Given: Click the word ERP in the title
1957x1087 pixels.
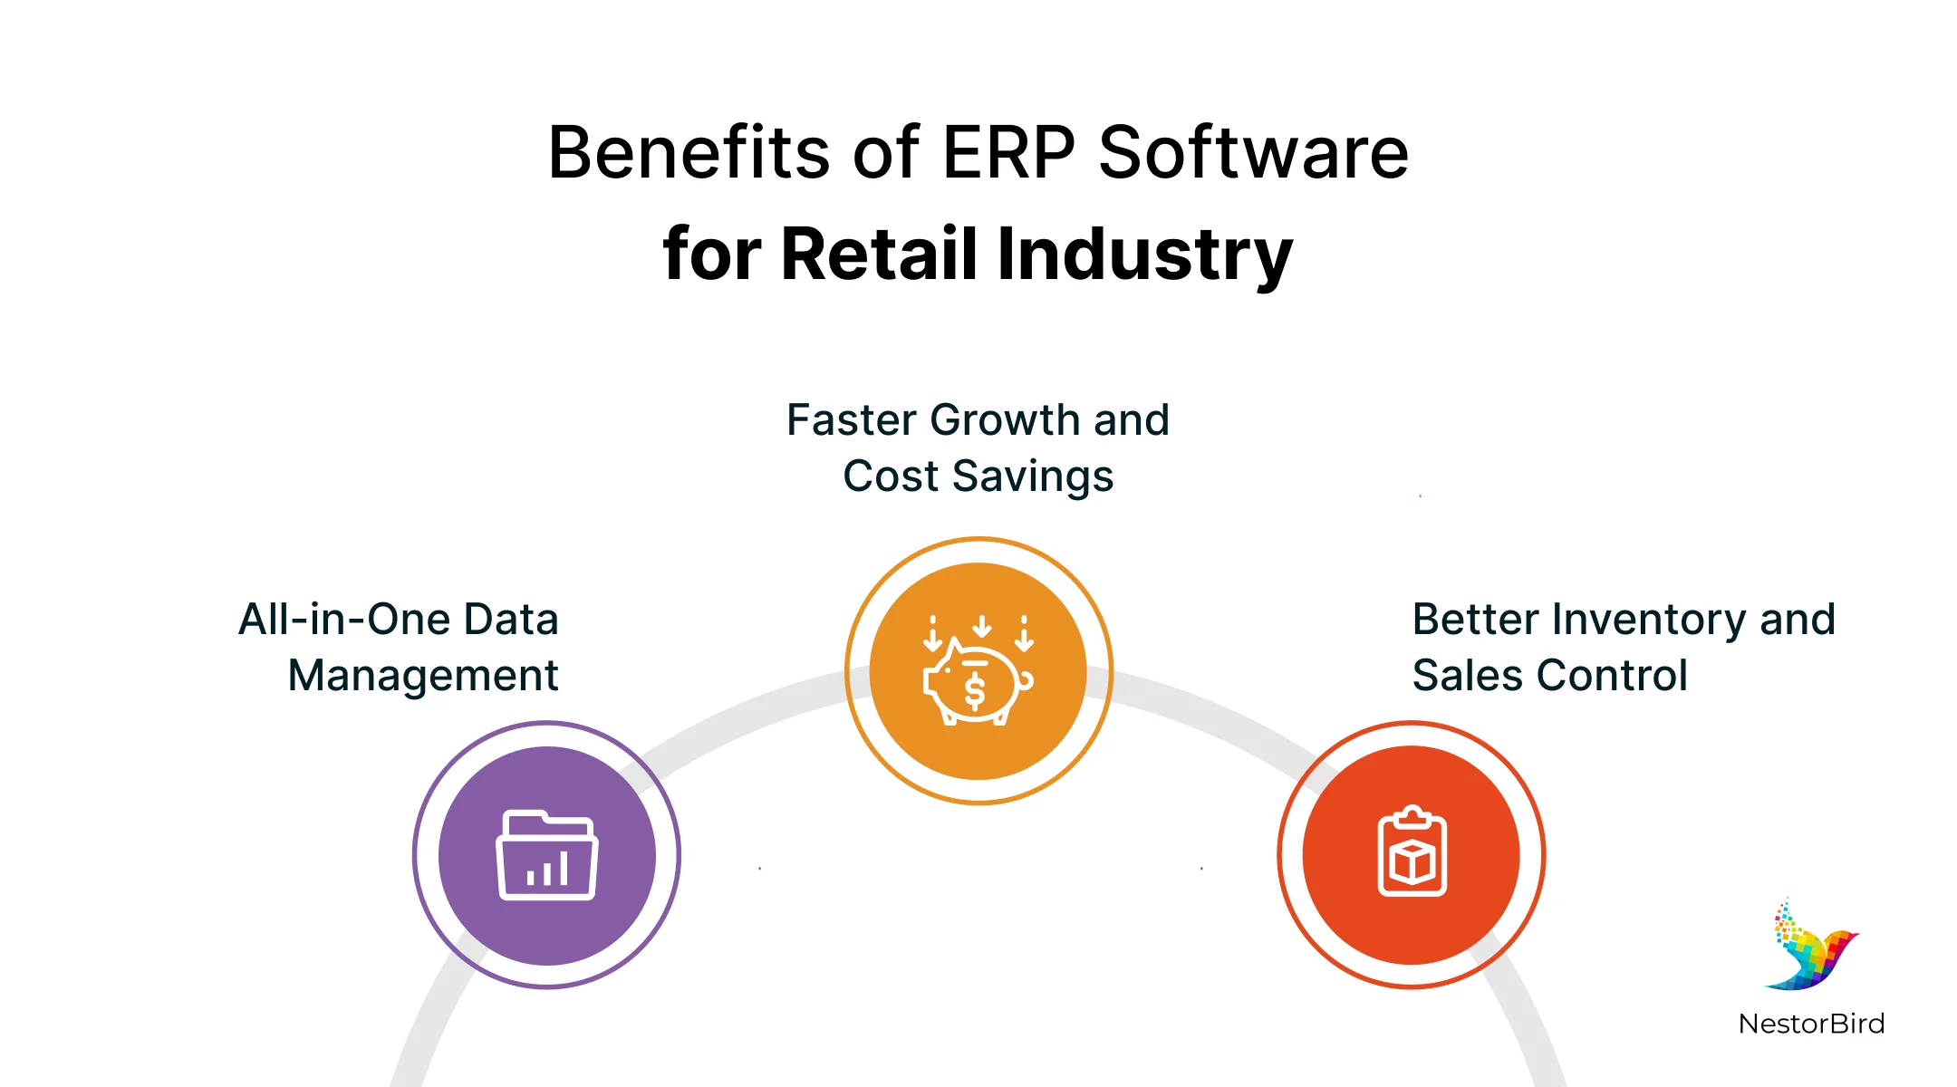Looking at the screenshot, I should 1008,152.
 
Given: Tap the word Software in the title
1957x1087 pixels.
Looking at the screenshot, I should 1254,152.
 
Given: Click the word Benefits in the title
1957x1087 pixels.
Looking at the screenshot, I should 689,152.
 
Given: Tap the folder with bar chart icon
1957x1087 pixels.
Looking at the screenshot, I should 546,855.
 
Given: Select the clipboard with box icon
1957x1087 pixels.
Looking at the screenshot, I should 1412,851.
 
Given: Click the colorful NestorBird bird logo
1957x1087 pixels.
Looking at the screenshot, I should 1810,947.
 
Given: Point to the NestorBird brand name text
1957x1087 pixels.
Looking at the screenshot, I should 1811,1024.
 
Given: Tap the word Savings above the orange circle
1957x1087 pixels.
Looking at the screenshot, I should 1033,477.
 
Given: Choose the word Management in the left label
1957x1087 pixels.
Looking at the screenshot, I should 423,676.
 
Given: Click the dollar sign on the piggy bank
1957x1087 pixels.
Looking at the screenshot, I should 975,691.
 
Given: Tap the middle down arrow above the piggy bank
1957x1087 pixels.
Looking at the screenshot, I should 981,626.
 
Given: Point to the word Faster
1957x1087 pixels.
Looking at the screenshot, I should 852,420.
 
